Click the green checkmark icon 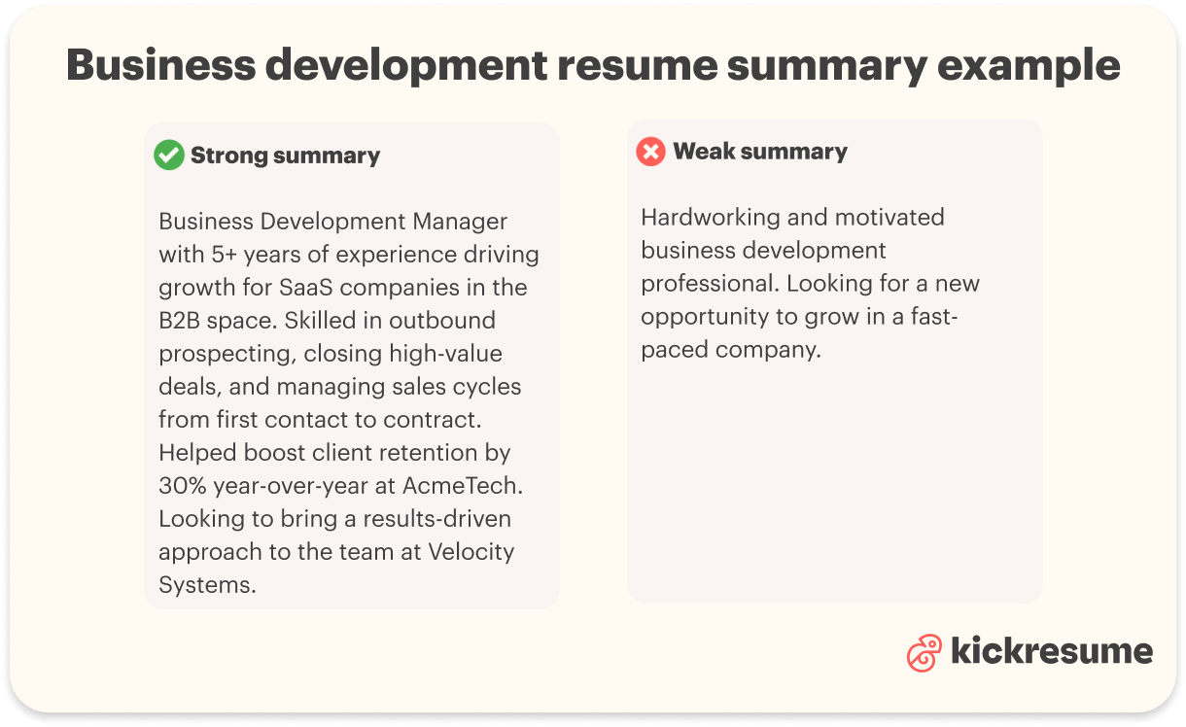pyautogui.click(x=169, y=156)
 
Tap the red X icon pyautogui.click(x=650, y=152)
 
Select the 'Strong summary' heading pyautogui.click(x=285, y=156)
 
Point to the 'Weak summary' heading pyautogui.click(x=760, y=152)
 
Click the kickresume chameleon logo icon pyautogui.click(x=924, y=653)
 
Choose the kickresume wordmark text pyautogui.click(x=1052, y=651)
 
